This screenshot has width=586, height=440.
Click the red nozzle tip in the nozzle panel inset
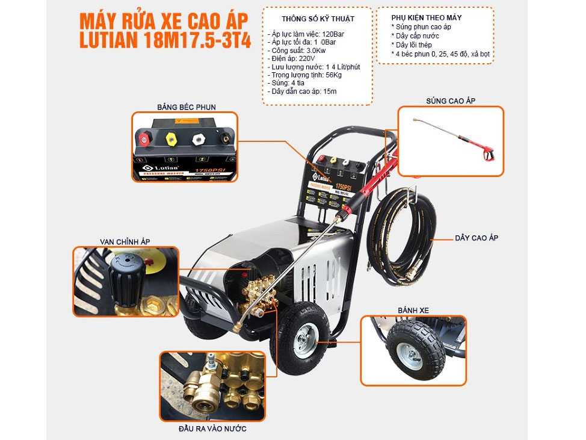point(144,140)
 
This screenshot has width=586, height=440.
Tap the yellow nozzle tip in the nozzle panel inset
point(170,140)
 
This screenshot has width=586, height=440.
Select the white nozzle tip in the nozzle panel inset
point(197,140)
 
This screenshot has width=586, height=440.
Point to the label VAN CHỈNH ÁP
point(125,241)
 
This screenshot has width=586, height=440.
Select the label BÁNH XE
point(413,311)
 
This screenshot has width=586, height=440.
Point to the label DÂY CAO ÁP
point(476,238)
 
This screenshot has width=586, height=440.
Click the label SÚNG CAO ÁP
point(450,101)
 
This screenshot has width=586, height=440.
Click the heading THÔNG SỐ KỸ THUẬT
point(318,19)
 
